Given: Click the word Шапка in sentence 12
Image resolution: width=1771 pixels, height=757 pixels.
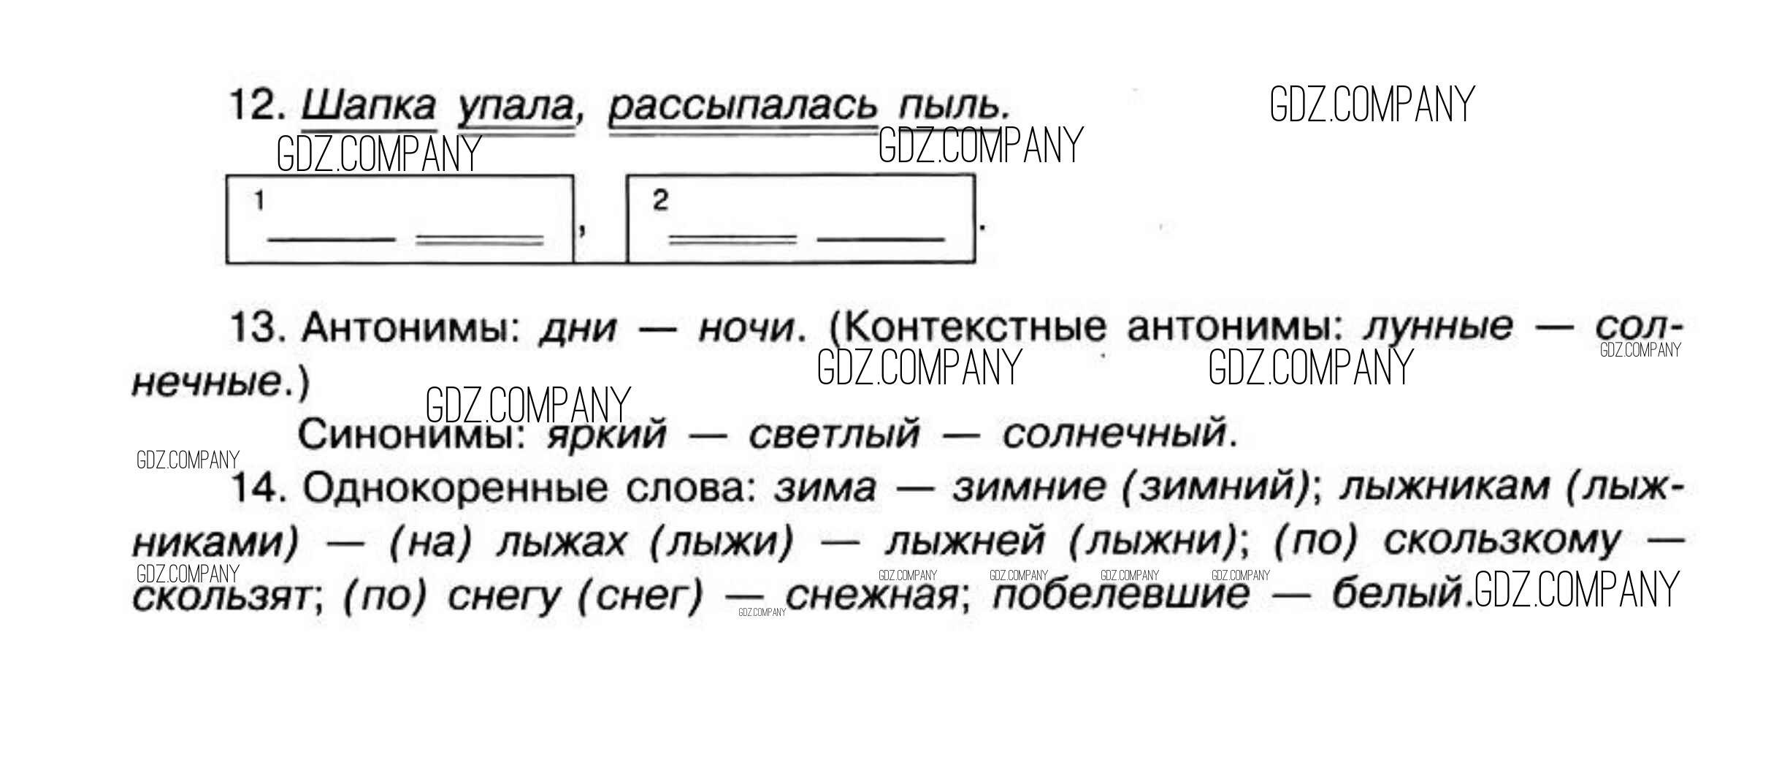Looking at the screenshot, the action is tap(369, 106).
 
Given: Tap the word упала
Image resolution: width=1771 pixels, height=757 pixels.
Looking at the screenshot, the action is tap(516, 107).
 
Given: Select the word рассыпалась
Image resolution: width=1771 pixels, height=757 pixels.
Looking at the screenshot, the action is tap(743, 107).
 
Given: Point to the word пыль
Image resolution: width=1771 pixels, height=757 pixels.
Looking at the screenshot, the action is tap(954, 106).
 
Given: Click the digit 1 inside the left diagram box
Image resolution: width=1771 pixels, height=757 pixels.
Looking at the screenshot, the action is tap(259, 200).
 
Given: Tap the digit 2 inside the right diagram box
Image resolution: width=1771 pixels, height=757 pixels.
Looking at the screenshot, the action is tap(660, 200).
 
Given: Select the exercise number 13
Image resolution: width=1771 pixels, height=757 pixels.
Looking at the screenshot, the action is tap(257, 327).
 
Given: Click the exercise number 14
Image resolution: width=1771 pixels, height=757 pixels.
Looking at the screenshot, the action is tap(257, 487).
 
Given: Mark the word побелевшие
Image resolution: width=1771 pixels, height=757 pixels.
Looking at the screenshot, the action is tap(1120, 595).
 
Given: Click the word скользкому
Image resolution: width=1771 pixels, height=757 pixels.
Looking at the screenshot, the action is tap(1501, 541).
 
